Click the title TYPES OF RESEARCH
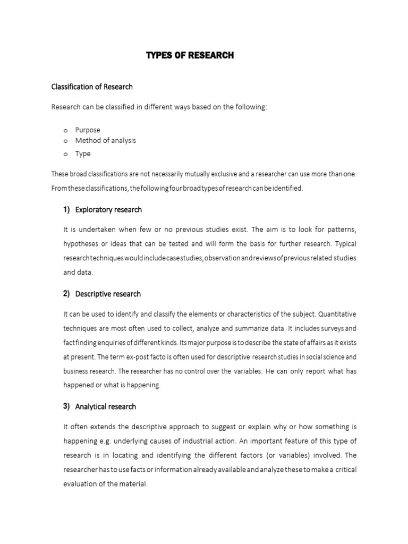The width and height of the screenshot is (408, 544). [x=190, y=55]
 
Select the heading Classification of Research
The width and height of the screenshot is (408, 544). [x=91, y=86]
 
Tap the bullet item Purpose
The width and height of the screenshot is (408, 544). [x=88, y=130]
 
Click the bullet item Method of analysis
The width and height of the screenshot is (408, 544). [x=105, y=141]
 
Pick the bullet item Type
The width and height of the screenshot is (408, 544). [x=83, y=154]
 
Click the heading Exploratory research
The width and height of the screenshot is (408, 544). [x=108, y=210]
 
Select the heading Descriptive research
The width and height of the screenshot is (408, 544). [x=108, y=294]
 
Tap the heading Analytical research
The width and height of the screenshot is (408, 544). [x=106, y=406]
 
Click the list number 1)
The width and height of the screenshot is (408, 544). [x=66, y=210]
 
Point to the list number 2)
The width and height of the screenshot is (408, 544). [x=66, y=294]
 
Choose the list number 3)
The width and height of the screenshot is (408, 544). [x=66, y=406]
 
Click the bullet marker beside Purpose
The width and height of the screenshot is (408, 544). [x=65, y=130]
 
